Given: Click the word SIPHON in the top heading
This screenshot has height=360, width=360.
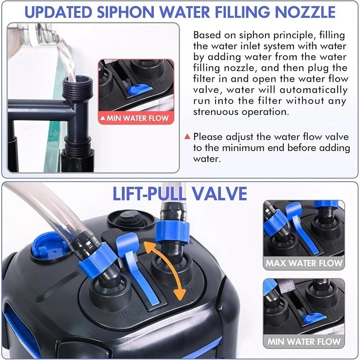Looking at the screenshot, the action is pyautogui.click(x=126, y=12).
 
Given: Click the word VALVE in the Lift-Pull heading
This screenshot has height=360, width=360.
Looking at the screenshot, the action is pyautogui.click(x=219, y=193).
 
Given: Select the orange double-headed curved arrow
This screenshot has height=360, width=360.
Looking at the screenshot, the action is pyautogui.click(x=165, y=270).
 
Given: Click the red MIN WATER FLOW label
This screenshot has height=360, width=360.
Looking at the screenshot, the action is pyautogui.click(x=136, y=118).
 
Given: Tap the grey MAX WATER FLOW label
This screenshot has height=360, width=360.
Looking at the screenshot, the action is pyautogui.click(x=303, y=263).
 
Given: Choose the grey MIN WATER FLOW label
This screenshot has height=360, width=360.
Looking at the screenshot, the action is pyautogui.click(x=303, y=342).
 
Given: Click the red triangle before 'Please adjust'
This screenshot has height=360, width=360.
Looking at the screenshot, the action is pyautogui.click(x=187, y=137).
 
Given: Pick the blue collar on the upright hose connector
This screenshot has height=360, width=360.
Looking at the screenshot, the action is pyautogui.click(x=172, y=232).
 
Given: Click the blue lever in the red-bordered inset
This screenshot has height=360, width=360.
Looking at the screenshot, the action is pyautogui.click(x=138, y=90).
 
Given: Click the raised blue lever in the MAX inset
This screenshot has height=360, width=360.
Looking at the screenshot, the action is pyautogui.click(x=302, y=227).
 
